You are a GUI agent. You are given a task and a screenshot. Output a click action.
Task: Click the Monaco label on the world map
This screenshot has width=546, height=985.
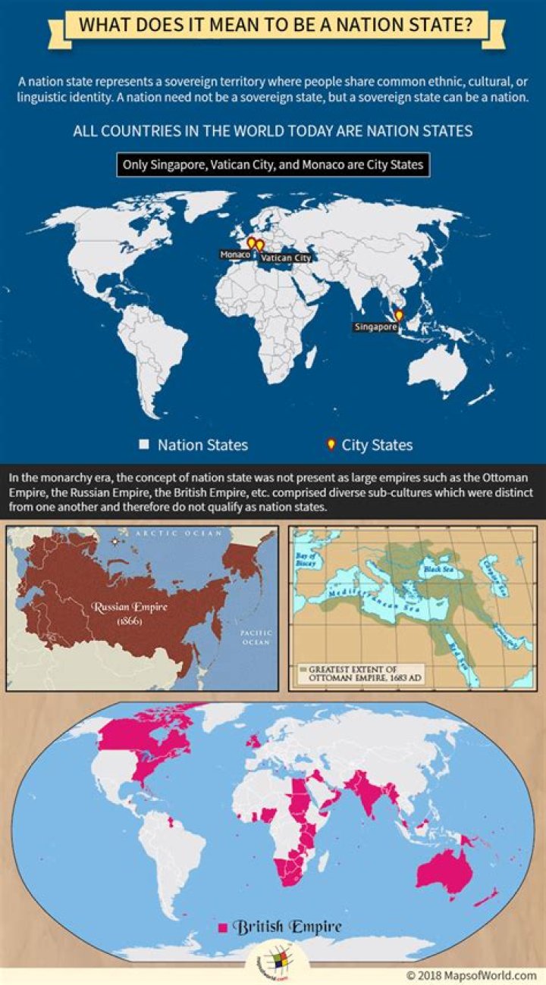[235, 255]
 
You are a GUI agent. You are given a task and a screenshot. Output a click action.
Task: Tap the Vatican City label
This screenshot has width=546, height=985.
[286, 258]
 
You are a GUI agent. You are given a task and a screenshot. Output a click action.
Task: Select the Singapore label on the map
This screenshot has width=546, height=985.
[375, 327]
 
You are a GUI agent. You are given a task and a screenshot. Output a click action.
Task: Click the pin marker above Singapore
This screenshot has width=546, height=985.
[399, 315]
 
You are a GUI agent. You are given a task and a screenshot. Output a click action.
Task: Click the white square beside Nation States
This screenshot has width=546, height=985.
[144, 445]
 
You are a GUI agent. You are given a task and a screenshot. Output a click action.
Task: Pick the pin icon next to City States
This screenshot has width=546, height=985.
[330, 445]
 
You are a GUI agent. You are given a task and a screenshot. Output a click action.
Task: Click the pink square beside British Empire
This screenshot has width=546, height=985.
[223, 927]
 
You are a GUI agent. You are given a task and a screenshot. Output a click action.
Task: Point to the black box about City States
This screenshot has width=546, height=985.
[273, 165]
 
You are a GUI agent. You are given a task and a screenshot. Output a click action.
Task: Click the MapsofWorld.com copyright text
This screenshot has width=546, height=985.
[471, 975]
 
